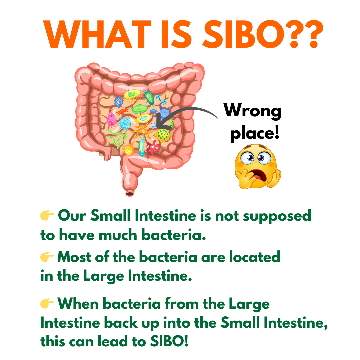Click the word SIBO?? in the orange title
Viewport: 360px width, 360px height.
click(x=263, y=34)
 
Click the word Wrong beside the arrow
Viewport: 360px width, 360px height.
click(x=252, y=111)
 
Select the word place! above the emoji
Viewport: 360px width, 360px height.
click(x=255, y=133)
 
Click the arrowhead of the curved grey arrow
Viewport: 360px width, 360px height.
click(x=163, y=122)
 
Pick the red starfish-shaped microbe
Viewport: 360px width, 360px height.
click(x=152, y=147)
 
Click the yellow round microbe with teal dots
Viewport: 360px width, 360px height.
click(x=163, y=135)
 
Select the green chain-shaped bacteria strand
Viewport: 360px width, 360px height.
click(x=117, y=137)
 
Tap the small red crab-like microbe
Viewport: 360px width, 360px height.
click(x=123, y=111)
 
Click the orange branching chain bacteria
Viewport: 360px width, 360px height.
click(x=143, y=131)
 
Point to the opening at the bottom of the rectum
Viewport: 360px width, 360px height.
click(x=129, y=194)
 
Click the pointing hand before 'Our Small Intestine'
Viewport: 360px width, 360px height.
click(x=47, y=215)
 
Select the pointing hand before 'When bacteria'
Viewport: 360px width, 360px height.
click(x=47, y=303)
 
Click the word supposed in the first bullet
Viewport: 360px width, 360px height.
click(x=277, y=217)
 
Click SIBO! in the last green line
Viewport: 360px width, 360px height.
click(x=169, y=341)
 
